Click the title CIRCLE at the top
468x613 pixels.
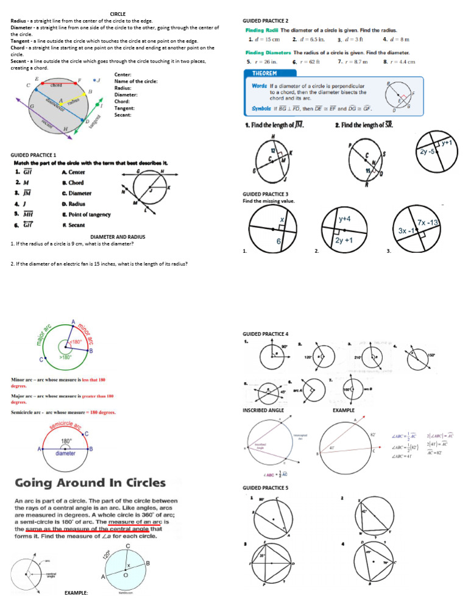[117, 13]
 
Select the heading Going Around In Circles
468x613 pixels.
[88, 483]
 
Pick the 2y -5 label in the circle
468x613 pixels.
[429, 151]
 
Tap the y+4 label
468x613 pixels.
[344, 218]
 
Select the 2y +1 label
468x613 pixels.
[346, 241]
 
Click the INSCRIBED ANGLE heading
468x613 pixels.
[263, 410]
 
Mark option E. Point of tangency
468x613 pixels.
[86, 214]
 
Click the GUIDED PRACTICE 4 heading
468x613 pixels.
[266, 334]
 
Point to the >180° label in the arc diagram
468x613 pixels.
[65, 357]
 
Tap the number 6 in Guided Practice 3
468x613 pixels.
[278, 242]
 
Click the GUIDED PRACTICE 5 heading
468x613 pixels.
[266, 488]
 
